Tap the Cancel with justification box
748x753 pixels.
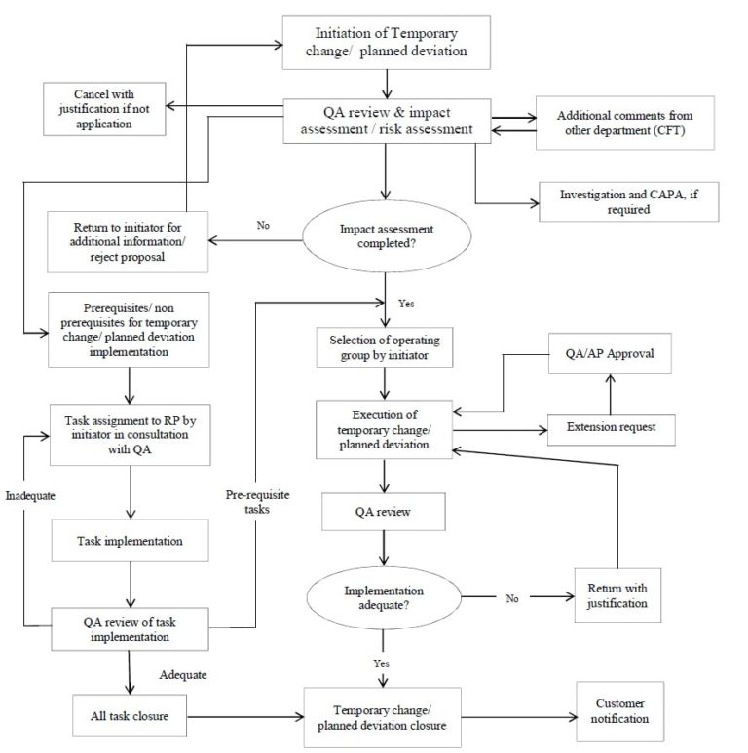[x=102, y=109]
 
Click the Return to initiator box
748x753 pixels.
[x=128, y=240]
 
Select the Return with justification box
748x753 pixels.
[x=617, y=596]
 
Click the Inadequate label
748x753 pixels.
[x=28, y=495]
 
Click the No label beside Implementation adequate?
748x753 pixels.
[x=511, y=598]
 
